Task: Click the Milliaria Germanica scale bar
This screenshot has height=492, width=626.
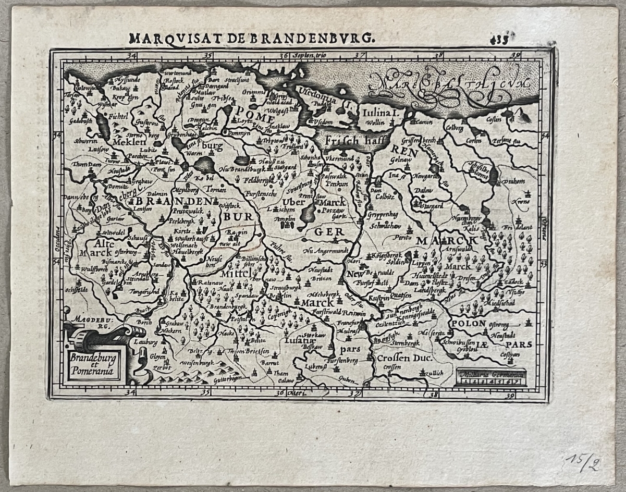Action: (490, 377)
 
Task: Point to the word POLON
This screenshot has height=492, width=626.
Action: (468, 323)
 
